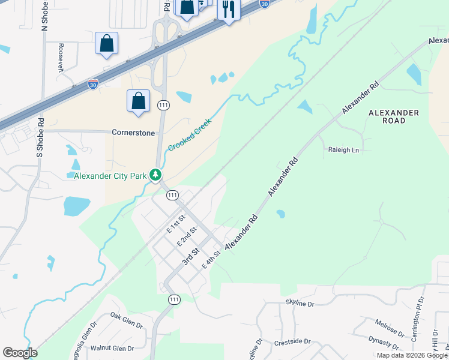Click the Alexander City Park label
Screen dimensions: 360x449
click(110, 176)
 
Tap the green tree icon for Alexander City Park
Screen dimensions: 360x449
click(156, 175)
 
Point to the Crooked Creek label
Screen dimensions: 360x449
click(191, 135)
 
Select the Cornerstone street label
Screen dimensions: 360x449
click(133, 132)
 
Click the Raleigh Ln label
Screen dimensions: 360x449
click(343, 149)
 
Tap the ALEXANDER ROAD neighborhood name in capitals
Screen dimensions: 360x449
click(394, 116)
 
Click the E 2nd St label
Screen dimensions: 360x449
click(188, 236)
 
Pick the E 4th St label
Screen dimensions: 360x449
click(212, 260)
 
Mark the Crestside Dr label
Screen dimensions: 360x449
click(292, 341)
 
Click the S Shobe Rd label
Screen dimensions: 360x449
click(40, 136)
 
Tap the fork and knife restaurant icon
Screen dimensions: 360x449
click(229, 9)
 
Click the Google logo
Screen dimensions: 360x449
click(20, 353)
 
